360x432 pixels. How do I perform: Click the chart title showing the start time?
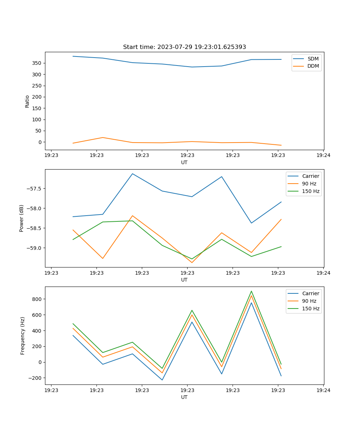[x=184, y=47]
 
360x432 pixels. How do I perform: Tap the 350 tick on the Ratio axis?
[x=37, y=63]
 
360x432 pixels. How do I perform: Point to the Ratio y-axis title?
[x=27, y=101]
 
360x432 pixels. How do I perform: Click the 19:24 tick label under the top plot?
[x=323, y=155]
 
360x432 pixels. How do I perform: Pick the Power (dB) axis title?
[x=22, y=218]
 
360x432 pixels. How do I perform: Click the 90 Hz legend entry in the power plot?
[x=309, y=184]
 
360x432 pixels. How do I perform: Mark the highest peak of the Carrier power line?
[x=132, y=174]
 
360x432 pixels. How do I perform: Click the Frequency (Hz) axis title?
[x=23, y=336]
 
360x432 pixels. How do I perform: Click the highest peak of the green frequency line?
[x=251, y=291]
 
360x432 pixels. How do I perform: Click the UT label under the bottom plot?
[x=184, y=397]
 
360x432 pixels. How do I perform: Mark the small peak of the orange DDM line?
[x=103, y=138]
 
